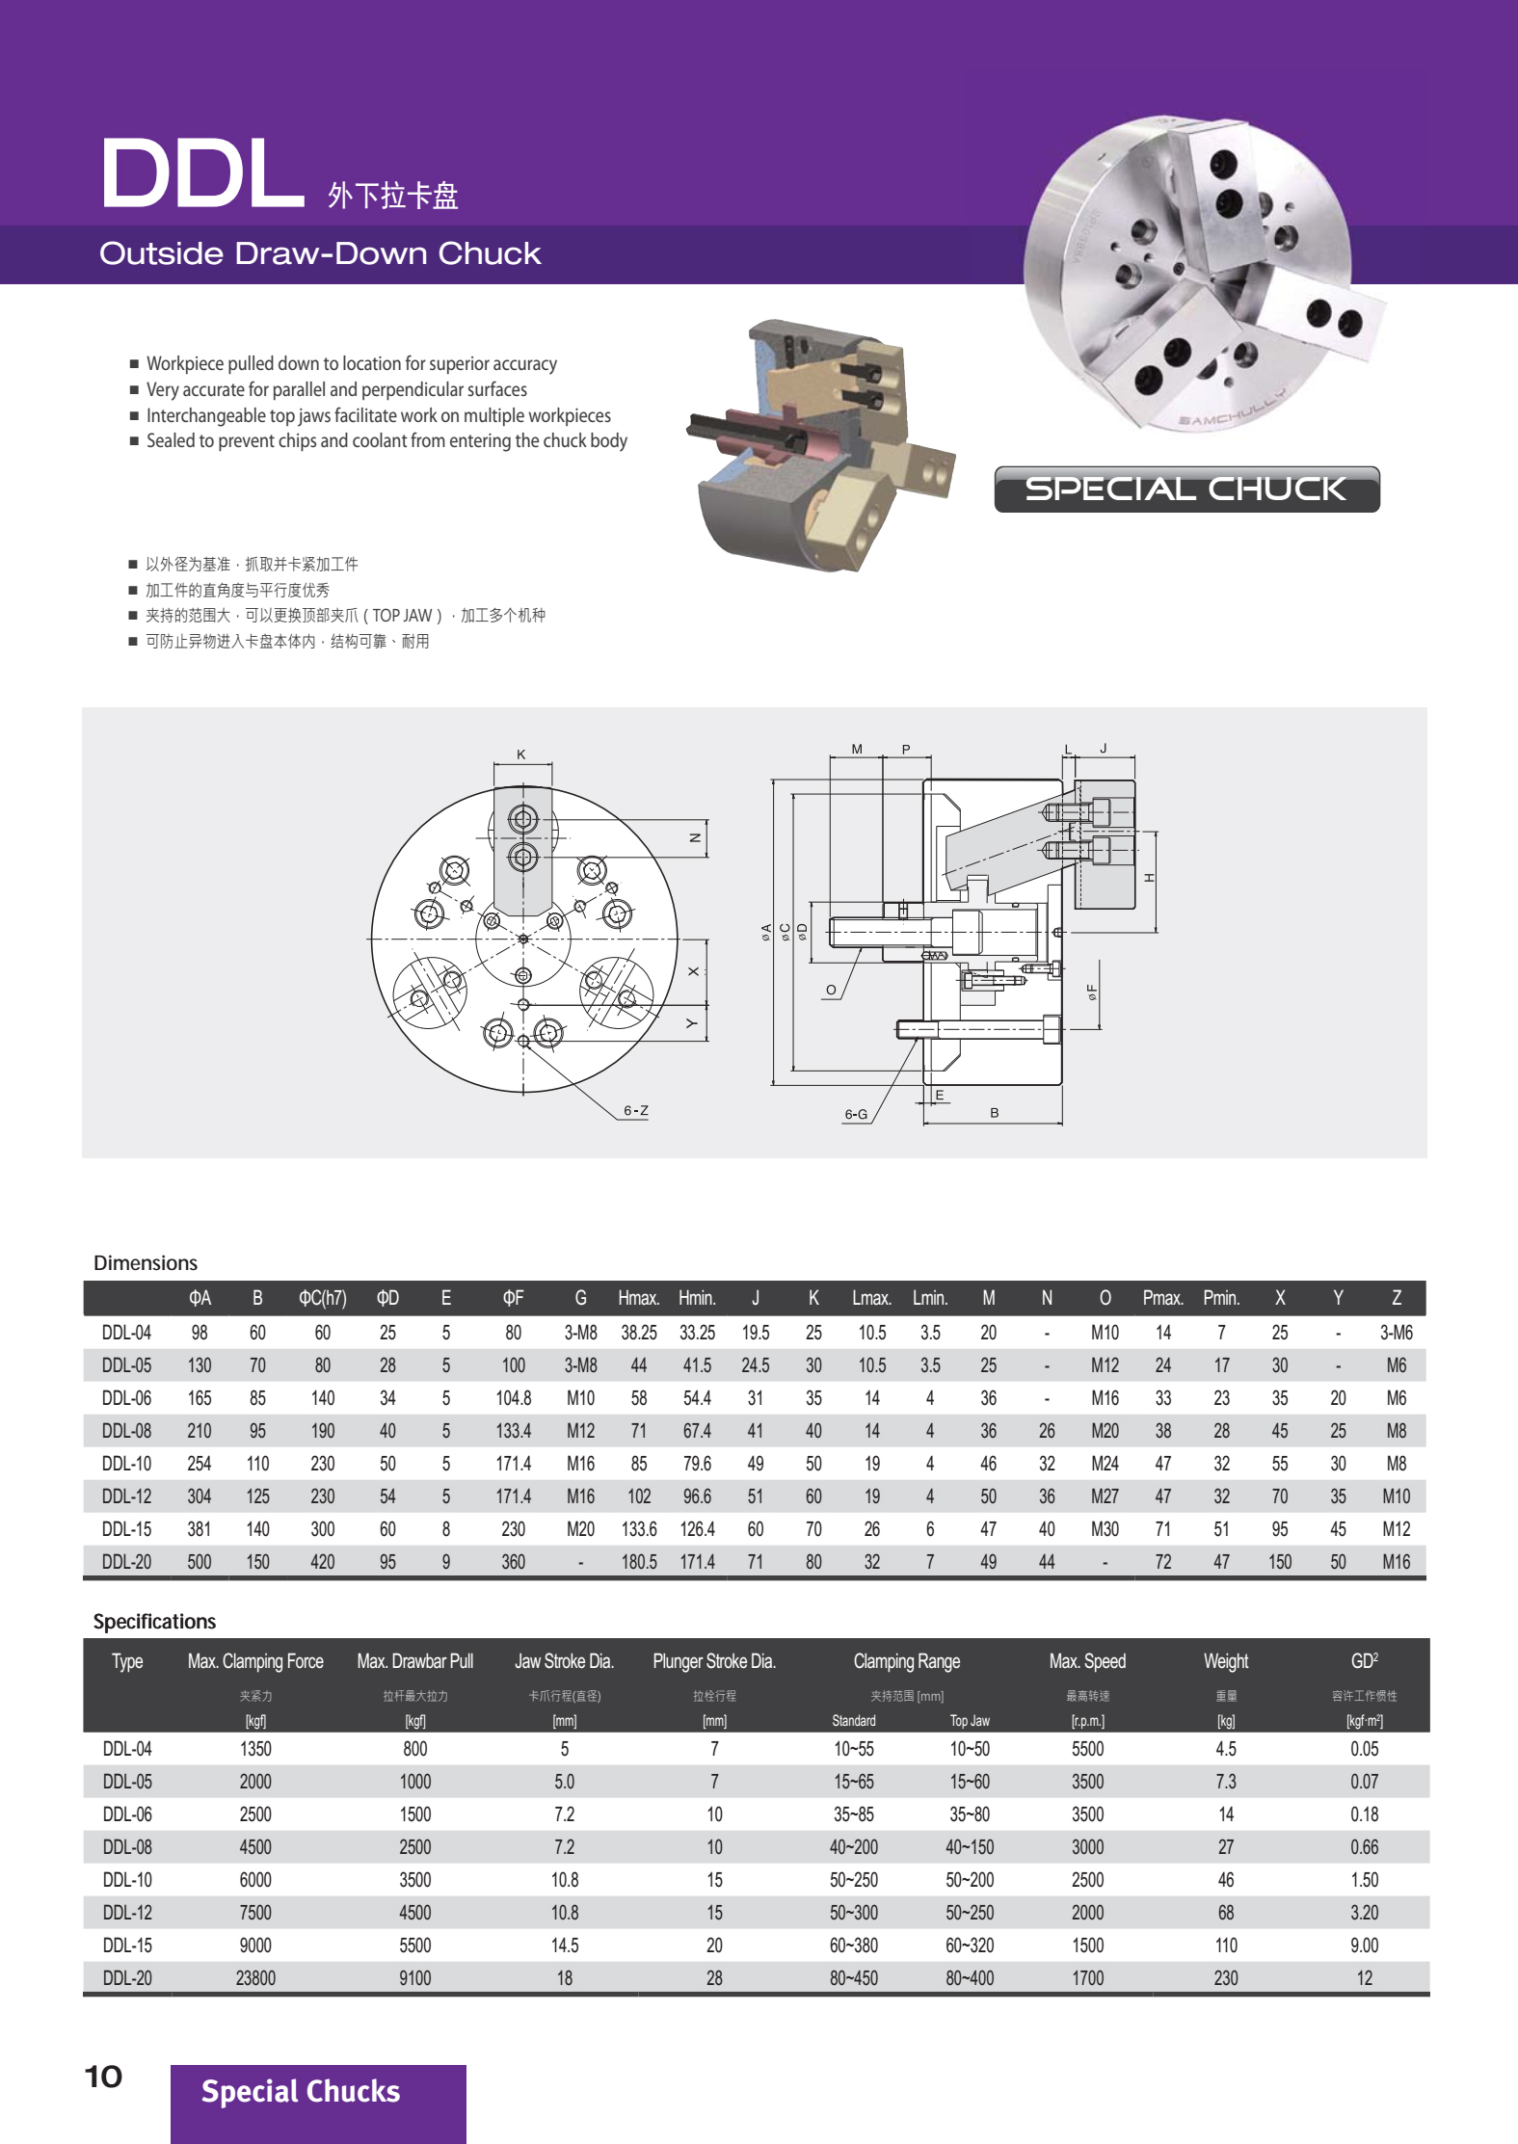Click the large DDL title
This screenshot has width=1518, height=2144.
click(x=201, y=173)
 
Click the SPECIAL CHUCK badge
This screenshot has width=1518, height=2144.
click(x=1185, y=490)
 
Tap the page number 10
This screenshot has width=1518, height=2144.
click(x=104, y=2077)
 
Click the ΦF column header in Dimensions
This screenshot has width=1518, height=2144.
click(x=513, y=1298)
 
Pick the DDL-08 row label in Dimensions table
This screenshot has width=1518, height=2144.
click(x=126, y=1431)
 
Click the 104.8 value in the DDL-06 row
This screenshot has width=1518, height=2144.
click(x=513, y=1398)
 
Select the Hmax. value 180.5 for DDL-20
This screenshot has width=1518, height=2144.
click(x=638, y=1562)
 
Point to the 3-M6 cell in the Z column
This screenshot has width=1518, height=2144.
click(x=1395, y=1333)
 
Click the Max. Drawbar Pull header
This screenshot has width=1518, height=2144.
click(x=414, y=1661)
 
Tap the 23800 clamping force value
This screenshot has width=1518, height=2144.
click(x=255, y=1978)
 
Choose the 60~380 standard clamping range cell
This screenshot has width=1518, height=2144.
click(x=853, y=1945)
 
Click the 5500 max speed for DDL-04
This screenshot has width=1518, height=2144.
click(x=1087, y=1749)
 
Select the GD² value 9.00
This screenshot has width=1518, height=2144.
click(x=1364, y=1945)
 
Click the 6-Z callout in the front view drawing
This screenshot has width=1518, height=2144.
click(x=635, y=1111)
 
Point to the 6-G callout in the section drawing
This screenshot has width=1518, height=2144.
click(x=856, y=1115)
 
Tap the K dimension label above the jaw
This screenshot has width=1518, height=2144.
click(x=521, y=754)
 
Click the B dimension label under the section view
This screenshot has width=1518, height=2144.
click(x=994, y=1113)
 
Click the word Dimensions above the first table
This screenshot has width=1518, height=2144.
click(x=146, y=1263)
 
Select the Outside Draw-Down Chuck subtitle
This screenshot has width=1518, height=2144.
click(x=320, y=253)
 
